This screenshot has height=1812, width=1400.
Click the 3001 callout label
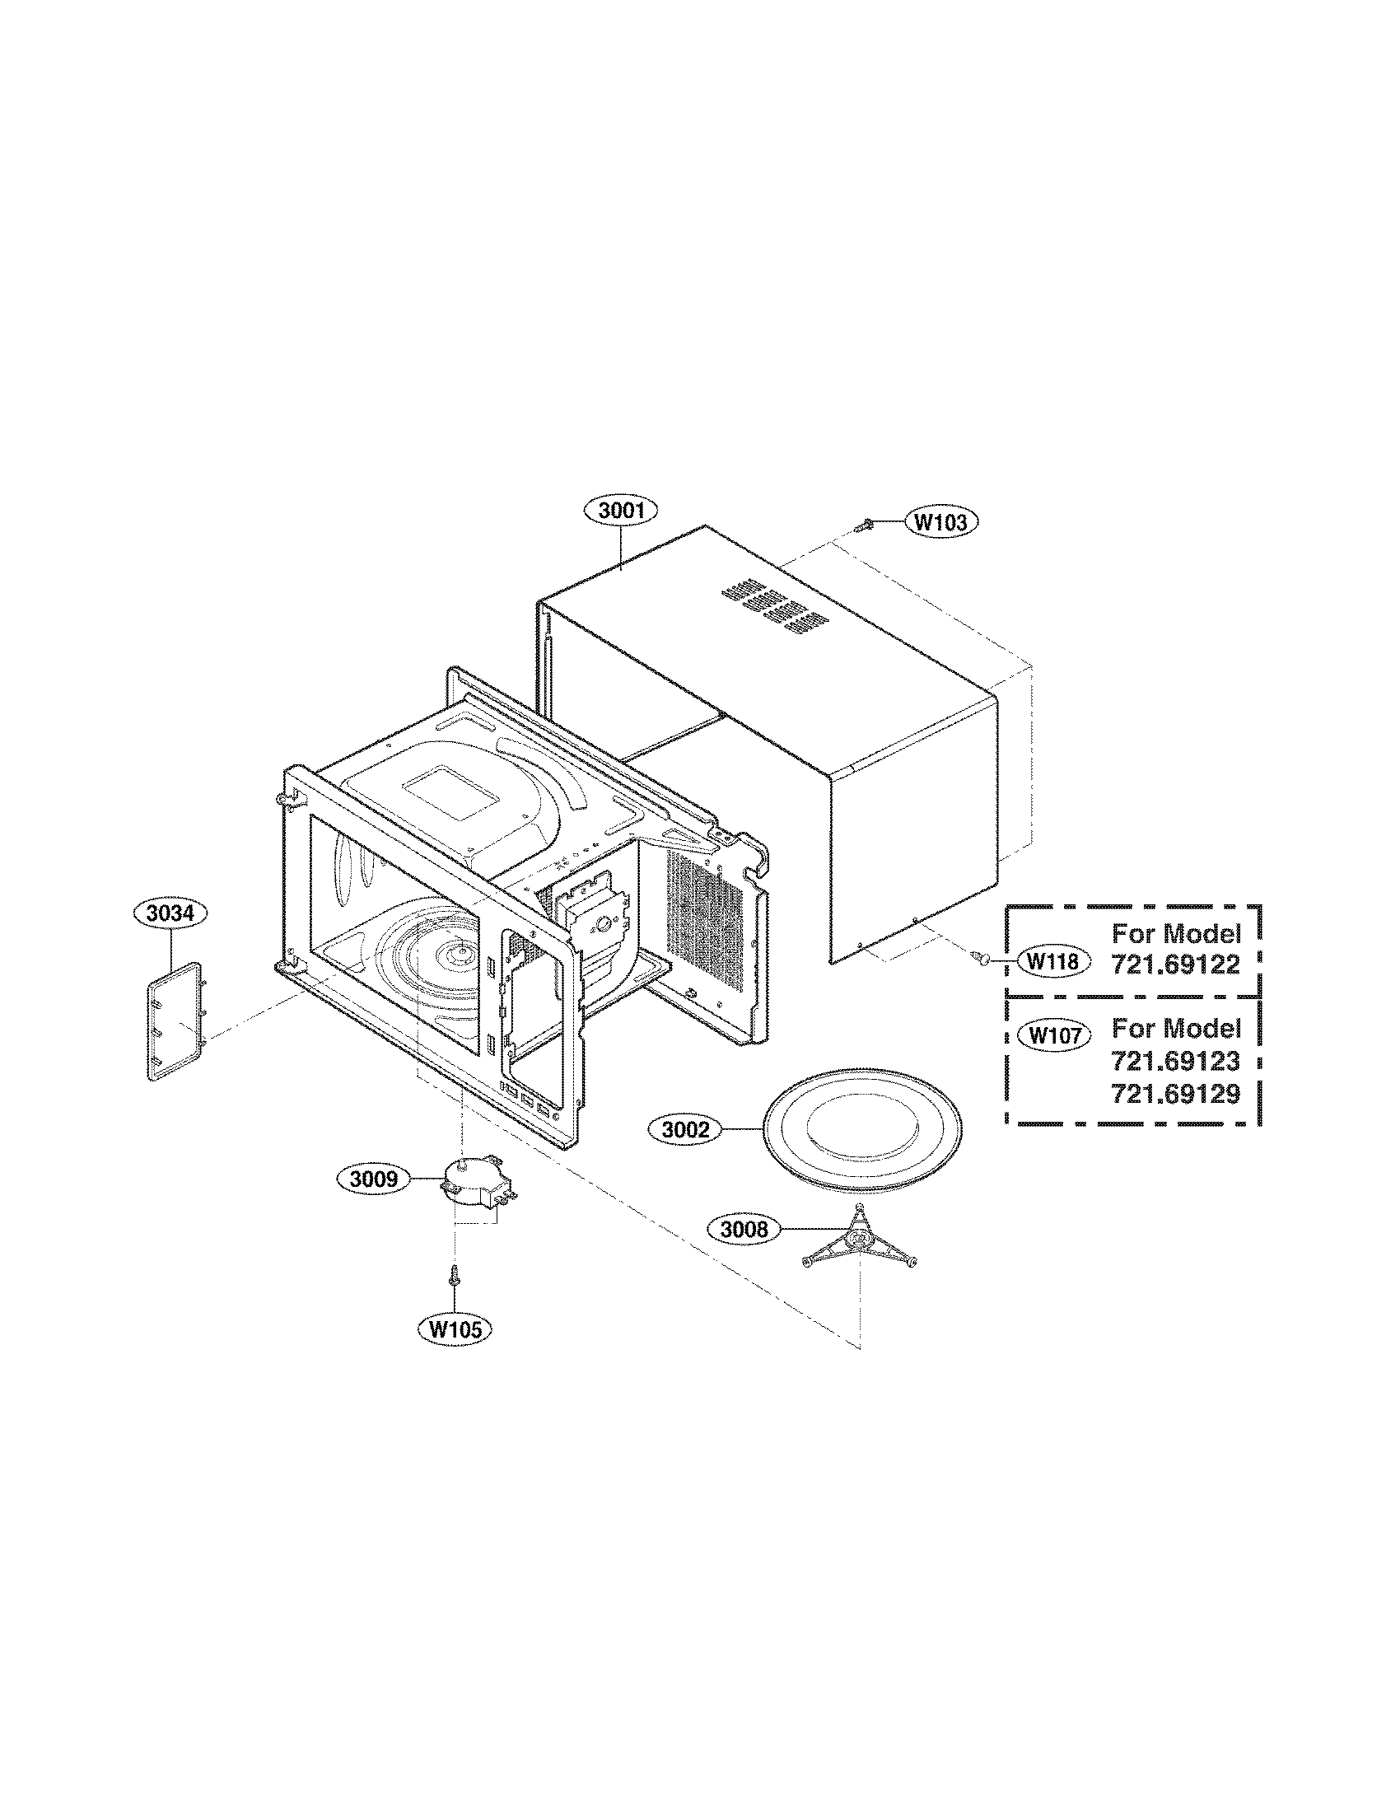point(621,511)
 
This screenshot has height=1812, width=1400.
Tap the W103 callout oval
point(940,522)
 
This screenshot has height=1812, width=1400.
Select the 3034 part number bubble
point(170,913)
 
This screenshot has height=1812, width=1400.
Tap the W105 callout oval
point(455,1329)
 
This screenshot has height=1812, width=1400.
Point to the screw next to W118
point(982,959)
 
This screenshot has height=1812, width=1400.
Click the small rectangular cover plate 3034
point(176,1021)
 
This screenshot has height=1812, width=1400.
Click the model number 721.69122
point(1175,964)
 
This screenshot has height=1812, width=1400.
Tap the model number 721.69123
point(1175,1061)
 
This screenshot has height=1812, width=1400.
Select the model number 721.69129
point(1175,1094)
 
